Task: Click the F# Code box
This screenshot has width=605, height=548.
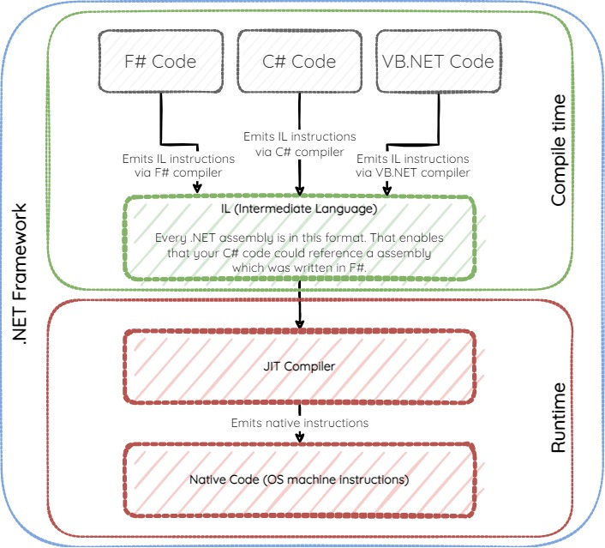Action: click(x=160, y=61)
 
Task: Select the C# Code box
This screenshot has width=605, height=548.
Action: click(x=299, y=61)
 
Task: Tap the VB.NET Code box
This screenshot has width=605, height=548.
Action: click(x=438, y=61)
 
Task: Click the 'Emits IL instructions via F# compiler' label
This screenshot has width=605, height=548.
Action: click(x=177, y=166)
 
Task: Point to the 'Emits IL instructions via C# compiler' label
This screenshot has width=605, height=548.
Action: click(x=299, y=143)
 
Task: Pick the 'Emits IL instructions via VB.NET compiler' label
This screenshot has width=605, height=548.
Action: click(x=413, y=166)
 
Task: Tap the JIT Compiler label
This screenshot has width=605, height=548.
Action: click(x=299, y=366)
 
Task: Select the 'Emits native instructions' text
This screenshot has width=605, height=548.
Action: click(x=299, y=423)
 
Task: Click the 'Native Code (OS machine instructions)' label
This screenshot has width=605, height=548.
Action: click(x=299, y=479)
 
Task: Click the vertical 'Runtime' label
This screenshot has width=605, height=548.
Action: click(x=559, y=419)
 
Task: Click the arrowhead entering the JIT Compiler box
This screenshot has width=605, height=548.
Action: click(x=299, y=323)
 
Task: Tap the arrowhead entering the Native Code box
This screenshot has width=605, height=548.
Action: click(x=299, y=437)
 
